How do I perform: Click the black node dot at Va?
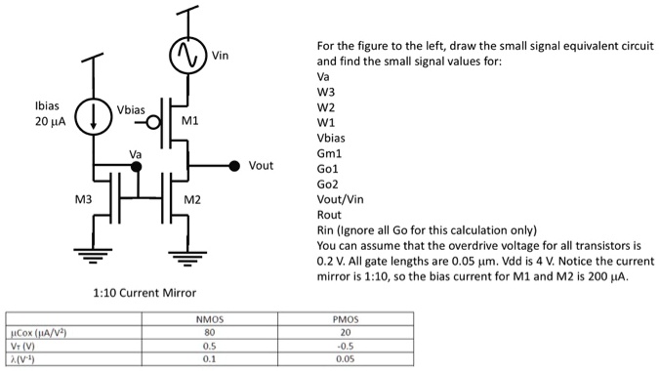click(x=137, y=167)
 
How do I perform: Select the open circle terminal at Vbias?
click(x=152, y=123)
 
